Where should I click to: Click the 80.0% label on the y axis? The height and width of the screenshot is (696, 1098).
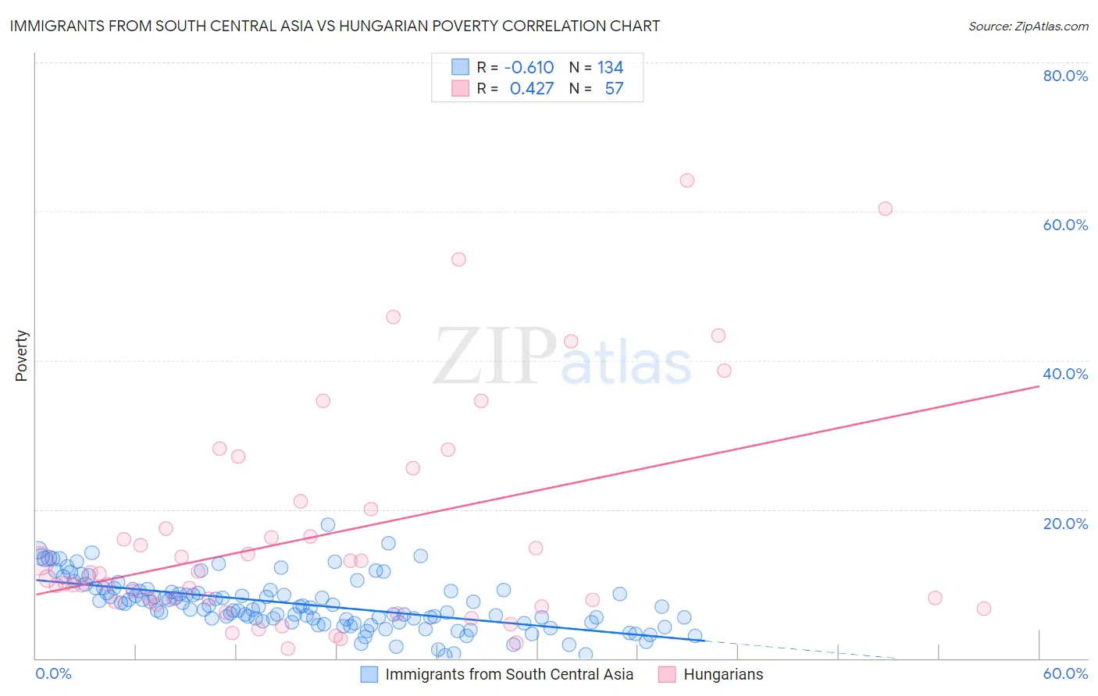point(1065,76)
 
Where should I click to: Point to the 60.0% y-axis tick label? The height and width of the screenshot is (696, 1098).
point(1065,225)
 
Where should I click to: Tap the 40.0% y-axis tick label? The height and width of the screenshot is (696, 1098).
point(1065,374)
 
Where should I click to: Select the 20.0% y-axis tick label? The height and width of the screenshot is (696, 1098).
point(1065,524)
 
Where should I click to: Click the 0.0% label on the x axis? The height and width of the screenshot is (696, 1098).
point(53,673)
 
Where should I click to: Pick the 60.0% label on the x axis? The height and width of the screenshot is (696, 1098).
point(1065,673)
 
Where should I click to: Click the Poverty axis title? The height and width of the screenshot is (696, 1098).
point(21,356)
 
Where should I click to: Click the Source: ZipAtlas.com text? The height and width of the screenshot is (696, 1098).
point(1028,26)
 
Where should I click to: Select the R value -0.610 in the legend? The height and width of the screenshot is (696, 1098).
point(529,68)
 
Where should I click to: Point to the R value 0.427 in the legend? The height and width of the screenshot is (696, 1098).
point(531,89)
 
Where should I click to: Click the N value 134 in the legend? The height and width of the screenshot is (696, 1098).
point(610,68)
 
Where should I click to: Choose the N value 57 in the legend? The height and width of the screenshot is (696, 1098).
point(614,89)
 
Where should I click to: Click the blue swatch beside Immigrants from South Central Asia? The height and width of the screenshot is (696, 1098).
point(369,674)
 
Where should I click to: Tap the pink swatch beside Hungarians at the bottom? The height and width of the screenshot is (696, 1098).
point(667,674)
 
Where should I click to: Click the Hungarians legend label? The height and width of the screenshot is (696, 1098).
point(723,674)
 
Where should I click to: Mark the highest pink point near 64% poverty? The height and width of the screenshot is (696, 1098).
point(687,180)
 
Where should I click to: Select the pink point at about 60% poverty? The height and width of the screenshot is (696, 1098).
point(885,208)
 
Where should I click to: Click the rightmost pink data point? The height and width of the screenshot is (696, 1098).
point(984,609)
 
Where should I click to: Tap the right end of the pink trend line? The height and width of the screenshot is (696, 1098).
point(1039,385)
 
